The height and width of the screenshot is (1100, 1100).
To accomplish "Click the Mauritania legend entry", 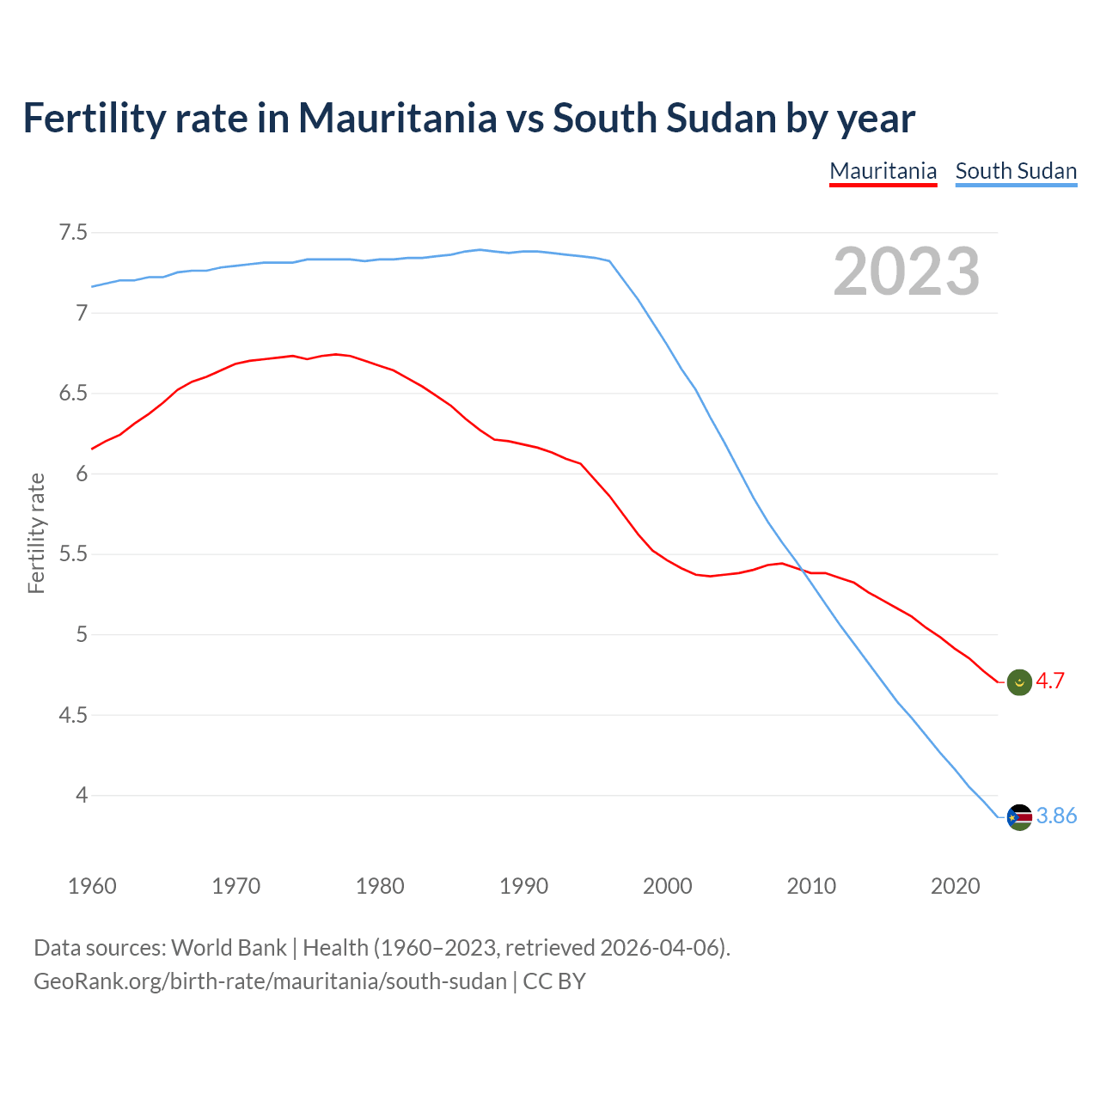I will point(883,171).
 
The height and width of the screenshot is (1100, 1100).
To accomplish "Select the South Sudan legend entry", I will point(1016,171).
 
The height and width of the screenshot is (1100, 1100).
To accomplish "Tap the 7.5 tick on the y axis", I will point(73,233).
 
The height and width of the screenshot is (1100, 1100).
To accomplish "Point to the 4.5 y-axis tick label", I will point(73,715).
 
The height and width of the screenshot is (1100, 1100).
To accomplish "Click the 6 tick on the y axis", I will point(82,474).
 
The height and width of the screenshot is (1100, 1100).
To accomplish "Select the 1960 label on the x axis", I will point(92,886).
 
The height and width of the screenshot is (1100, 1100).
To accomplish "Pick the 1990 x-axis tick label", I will point(523,886).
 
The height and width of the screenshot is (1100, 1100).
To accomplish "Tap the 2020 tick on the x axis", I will point(955,886).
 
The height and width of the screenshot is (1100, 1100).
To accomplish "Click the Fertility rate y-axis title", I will point(36,533).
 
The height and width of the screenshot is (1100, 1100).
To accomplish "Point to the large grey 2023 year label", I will point(906,272).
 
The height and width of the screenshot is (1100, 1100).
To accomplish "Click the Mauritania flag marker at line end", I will point(1018,682).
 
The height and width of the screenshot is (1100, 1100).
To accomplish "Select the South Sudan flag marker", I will point(1018,816).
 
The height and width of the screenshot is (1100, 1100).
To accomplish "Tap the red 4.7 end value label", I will point(1050,681).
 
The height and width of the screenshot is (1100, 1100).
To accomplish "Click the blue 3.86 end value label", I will point(1056,816).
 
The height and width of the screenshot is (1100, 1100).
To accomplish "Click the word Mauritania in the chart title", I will point(397,118).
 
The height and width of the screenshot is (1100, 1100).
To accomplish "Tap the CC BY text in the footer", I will point(554,981).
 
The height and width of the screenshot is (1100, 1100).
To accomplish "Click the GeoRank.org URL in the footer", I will point(270,981).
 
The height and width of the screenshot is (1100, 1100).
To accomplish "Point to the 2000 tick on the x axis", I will point(667,886).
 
